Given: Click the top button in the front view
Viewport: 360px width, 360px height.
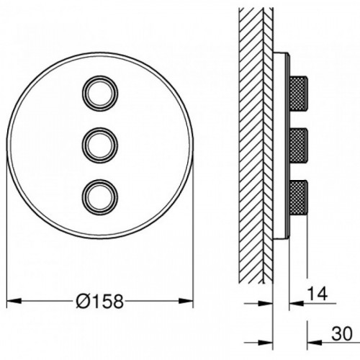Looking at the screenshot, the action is point(100,94).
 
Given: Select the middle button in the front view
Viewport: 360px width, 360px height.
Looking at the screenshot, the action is point(100,145).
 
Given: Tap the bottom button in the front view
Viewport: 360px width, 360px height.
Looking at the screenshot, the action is point(100,197).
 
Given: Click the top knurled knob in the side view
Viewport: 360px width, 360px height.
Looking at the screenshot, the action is point(299,93).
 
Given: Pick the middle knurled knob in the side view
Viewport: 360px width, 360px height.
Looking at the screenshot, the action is point(299,145).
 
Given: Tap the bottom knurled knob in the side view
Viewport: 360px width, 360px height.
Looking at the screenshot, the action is point(299,197).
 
